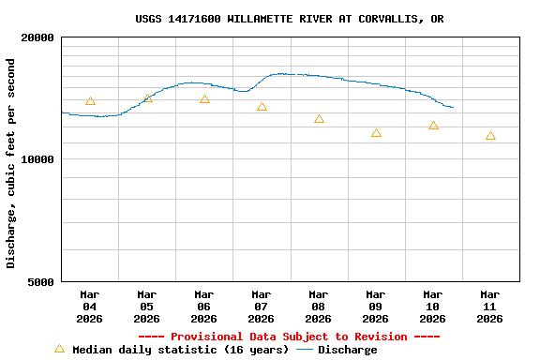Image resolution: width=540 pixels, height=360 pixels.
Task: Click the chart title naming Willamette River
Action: [x=290, y=19]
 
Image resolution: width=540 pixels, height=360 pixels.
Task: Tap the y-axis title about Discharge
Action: [x=11, y=163]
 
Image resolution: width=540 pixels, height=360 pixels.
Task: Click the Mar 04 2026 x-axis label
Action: [x=89, y=307]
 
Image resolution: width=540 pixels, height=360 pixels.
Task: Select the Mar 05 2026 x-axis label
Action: [x=146, y=307]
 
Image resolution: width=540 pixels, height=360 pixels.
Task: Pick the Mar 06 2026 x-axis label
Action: [x=203, y=307]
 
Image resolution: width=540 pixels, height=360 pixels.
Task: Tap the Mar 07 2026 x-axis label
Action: [x=261, y=307]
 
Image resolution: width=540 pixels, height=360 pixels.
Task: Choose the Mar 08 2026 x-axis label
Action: [x=318, y=307]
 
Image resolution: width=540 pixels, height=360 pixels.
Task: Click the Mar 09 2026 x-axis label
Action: [x=375, y=307]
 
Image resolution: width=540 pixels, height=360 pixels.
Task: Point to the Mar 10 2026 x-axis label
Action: [x=432, y=307]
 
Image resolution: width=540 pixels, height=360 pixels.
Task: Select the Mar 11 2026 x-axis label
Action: [x=489, y=307]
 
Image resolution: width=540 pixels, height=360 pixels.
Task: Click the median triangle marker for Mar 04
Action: [x=90, y=101]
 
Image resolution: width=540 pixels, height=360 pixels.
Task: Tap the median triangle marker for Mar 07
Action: [x=262, y=107]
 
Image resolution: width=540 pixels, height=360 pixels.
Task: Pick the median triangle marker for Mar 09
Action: [x=376, y=133]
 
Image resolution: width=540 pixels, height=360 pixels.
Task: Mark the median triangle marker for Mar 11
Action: [x=490, y=136]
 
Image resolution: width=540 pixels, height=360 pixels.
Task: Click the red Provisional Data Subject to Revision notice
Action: [x=289, y=337]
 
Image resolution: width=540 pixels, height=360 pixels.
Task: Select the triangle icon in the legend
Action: [x=59, y=349]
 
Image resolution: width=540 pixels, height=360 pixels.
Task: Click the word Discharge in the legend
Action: [x=347, y=350]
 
